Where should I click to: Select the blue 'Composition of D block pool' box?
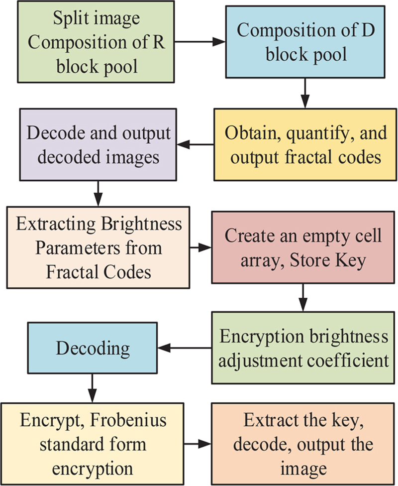pyautogui.click(x=306, y=42)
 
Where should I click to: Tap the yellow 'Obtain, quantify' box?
pyautogui.click(x=306, y=144)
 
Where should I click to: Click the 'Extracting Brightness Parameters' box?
pyautogui.click(x=98, y=247)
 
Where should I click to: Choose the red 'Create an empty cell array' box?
pyautogui.click(x=303, y=247)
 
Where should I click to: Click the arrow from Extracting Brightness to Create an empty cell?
pyautogui.click(x=201, y=246)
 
